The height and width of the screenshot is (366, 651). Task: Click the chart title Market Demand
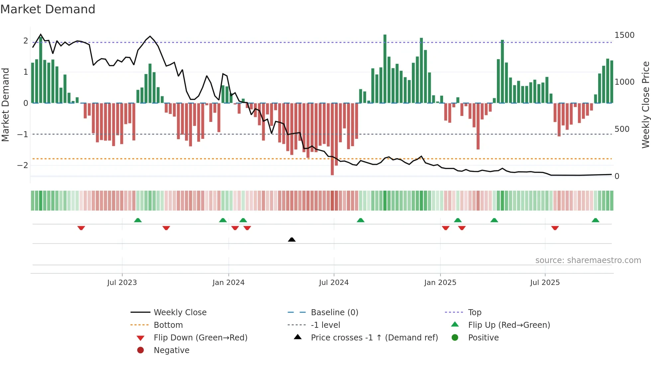coord(48,9)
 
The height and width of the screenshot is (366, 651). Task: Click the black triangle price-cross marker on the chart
coord(292,239)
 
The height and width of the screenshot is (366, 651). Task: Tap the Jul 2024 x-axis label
coord(333,283)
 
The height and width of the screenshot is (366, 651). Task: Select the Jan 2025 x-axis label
coord(440,283)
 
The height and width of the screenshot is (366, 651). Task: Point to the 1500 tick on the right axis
coord(624,35)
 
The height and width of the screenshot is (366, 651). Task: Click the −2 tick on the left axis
coord(23,165)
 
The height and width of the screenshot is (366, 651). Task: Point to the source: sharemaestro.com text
coord(588,260)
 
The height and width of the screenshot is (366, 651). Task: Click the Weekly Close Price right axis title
coord(645,105)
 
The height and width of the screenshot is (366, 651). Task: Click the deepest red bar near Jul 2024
coord(332,139)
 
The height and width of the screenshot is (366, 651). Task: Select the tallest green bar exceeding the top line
coord(385,68)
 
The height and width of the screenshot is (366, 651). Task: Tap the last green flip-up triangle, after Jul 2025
coord(595,220)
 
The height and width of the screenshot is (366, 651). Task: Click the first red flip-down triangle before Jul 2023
coord(81,228)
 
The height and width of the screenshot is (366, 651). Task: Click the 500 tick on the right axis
coord(622,129)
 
